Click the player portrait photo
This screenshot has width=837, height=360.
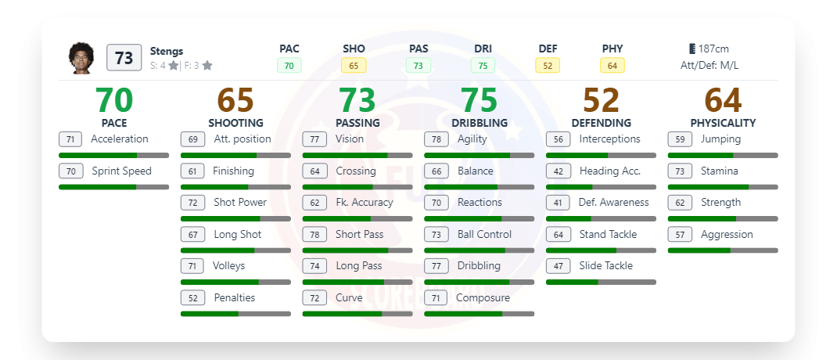pos(81,58)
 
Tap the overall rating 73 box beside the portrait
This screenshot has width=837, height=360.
pos(124,58)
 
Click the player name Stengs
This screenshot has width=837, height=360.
pos(167,51)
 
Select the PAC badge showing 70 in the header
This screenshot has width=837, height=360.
pos(289,66)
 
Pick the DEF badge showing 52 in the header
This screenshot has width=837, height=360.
pos(548,66)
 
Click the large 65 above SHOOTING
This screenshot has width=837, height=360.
pos(235,100)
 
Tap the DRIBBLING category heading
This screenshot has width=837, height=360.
pos(480,123)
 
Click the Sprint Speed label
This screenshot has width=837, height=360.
pos(121,171)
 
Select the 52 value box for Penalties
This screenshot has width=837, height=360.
pos(192,297)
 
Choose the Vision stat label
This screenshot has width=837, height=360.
pos(350,139)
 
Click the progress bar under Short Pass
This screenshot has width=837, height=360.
pos(357,250)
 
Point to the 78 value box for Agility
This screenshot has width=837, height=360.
pos(436,139)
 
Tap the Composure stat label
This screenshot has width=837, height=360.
pos(483,297)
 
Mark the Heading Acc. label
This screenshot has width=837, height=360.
pos(610,171)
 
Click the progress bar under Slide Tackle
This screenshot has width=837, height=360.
pos(601,282)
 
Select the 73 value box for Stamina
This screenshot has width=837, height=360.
pos(680,171)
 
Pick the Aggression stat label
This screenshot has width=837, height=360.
pos(727,234)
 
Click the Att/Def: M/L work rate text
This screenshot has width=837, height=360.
pos(709,66)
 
